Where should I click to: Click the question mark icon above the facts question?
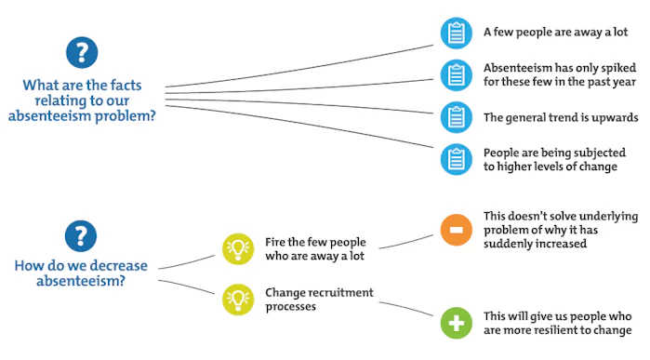click(x=82, y=53)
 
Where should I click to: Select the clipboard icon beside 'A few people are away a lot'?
click(x=456, y=32)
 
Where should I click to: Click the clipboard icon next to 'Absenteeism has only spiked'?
click(x=456, y=74)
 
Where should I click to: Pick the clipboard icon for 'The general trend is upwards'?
click(x=456, y=117)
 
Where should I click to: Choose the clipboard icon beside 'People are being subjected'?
click(x=456, y=159)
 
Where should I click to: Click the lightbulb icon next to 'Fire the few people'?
click(x=237, y=247)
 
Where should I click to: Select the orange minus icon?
click(x=456, y=230)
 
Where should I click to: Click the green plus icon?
click(x=456, y=324)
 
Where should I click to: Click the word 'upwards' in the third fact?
click(x=612, y=117)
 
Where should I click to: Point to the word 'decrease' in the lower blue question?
click(x=109, y=265)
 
